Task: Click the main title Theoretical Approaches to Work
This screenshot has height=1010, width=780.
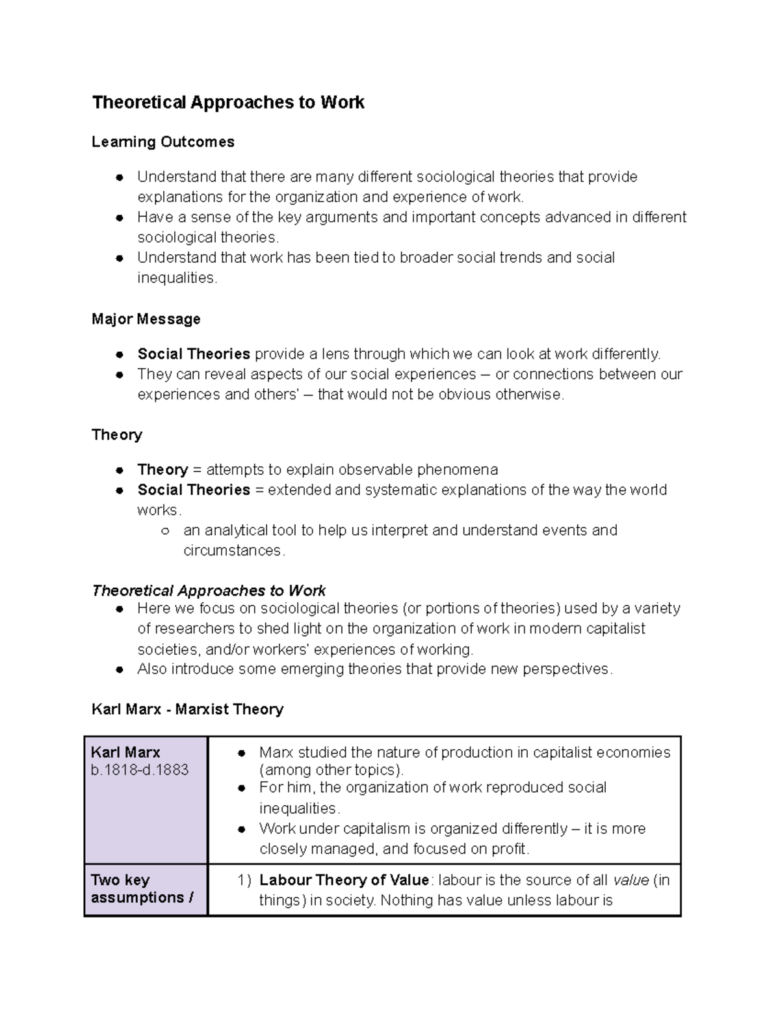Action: (228, 103)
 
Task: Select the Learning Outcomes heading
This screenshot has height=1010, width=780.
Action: (163, 142)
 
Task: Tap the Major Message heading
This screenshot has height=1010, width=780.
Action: (146, 319)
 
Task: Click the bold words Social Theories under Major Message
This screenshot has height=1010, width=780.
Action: (194, 354)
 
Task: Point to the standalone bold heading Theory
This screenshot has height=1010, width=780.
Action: (117, 435)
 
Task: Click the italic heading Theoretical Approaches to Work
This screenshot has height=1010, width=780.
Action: (209, 591)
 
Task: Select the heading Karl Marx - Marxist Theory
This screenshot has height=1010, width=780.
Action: (188, 709)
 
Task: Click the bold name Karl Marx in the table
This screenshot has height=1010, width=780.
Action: (125, 752)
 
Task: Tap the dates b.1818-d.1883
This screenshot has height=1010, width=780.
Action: (140, 770)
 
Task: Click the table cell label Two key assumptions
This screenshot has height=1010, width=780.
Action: (142, 889)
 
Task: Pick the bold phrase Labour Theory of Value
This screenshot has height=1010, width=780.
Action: (344, 881)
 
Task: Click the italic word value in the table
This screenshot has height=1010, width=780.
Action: (631, 881)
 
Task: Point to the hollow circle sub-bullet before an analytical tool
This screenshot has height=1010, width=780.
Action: (165, 531)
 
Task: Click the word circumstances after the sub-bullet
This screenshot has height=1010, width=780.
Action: (233, 551)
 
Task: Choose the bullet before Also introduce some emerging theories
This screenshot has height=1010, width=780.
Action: (120, 670)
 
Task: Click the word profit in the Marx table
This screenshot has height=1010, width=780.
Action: (511, 849)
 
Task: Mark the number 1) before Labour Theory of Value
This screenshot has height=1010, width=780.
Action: (244, 881)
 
